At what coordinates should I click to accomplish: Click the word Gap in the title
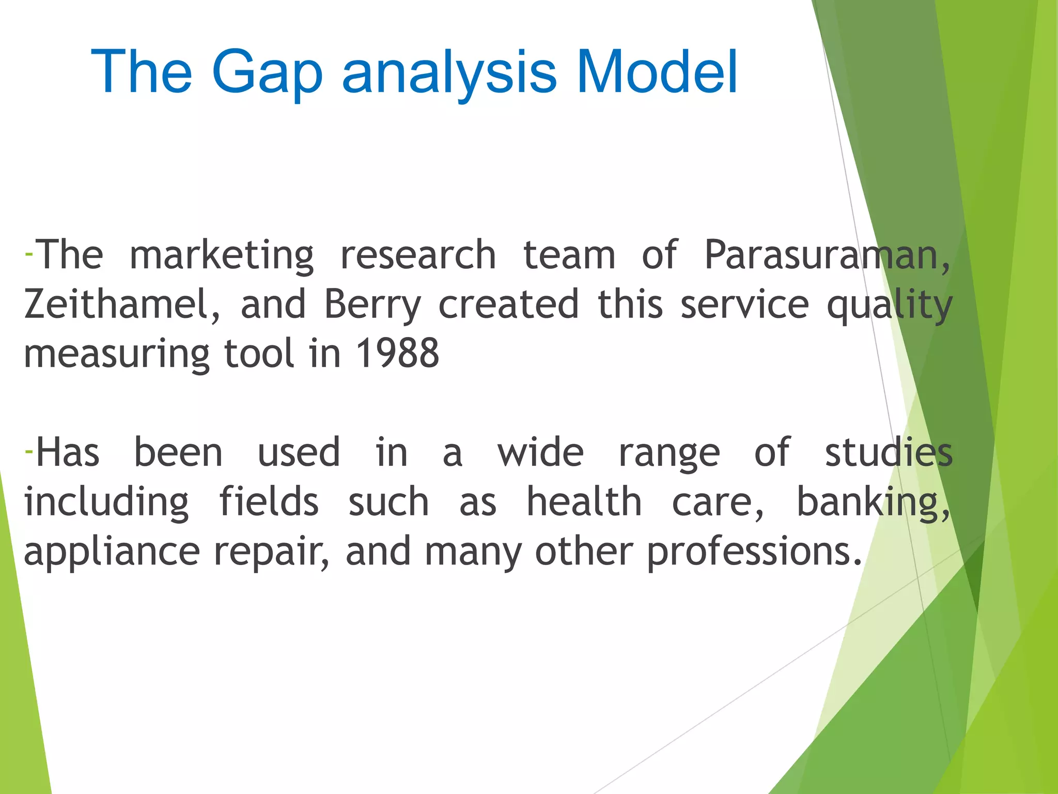[x=267, y=73]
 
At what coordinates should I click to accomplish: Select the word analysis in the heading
[x=449, y=73]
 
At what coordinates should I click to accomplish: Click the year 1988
[x=397, y=354]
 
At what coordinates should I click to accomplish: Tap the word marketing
[x=221, y=255]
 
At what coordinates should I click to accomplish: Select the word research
[x=418, y=255]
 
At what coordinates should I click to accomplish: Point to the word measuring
[x=116, y=355]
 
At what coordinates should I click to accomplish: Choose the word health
[x=584, y=502]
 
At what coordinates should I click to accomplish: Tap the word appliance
[x=112, y=552]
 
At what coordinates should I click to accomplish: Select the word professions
[x=754, y=552]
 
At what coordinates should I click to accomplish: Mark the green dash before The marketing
[x=29, y=254]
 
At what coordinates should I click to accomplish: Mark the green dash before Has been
[x=29, y=452]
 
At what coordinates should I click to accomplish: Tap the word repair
[x=271, y=552]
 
